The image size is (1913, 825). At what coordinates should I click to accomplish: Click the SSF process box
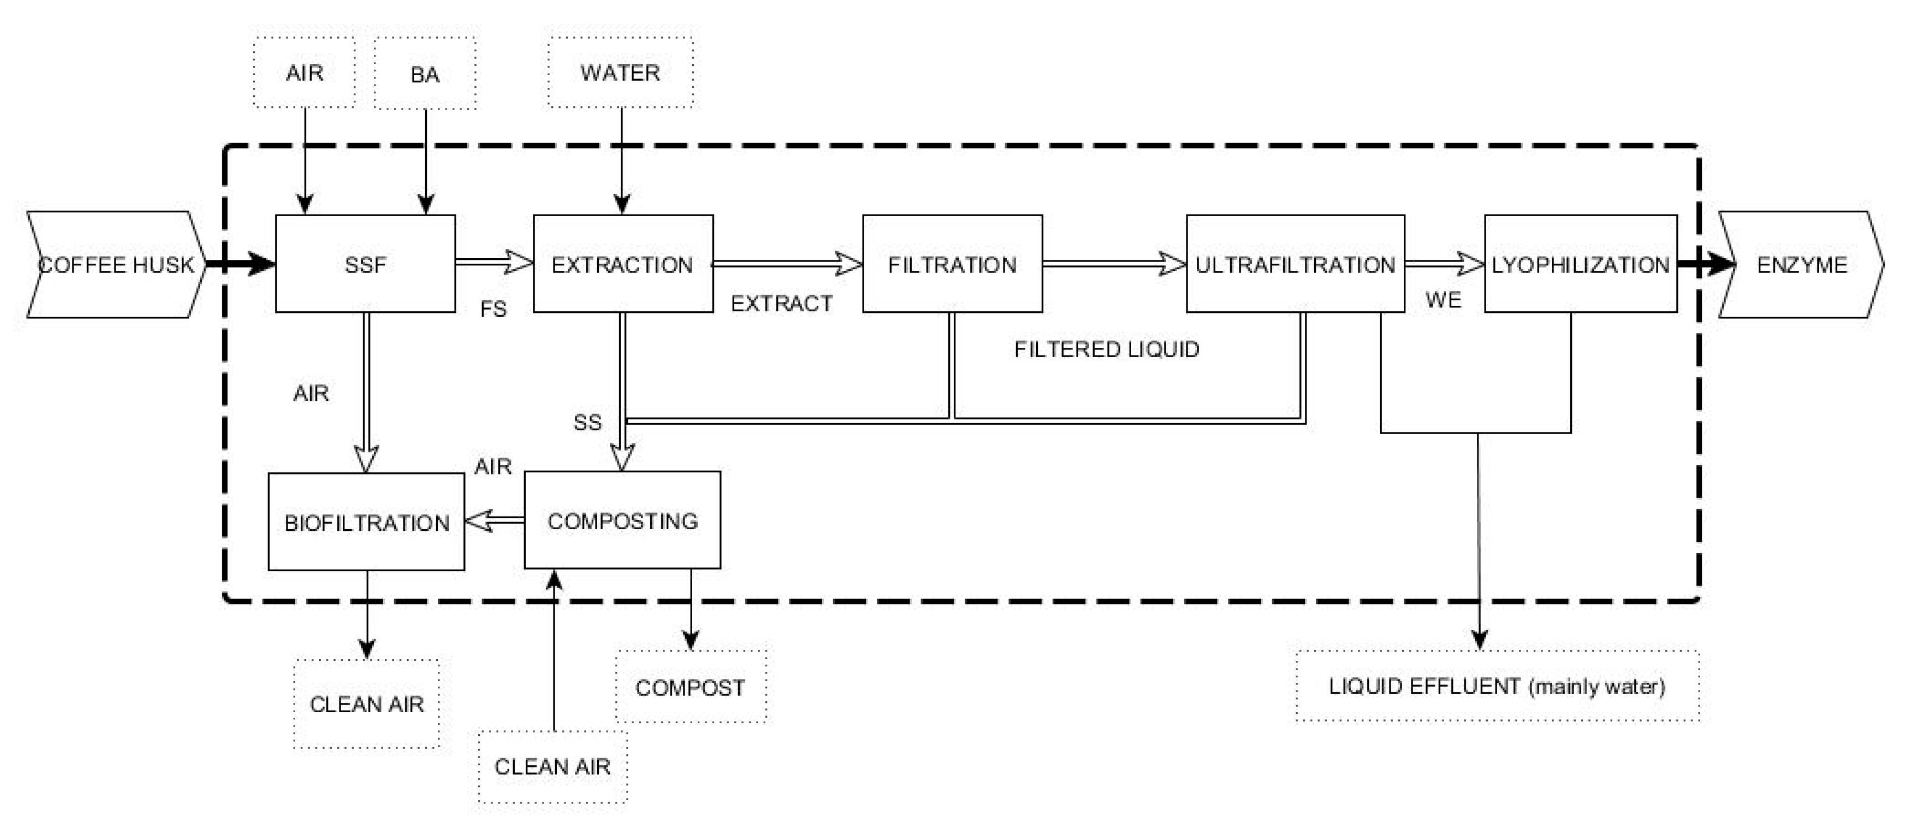[365, 264]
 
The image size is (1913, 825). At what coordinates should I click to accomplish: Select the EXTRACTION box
[623, 264]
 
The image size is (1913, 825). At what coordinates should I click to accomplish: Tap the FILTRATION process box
[952, 264]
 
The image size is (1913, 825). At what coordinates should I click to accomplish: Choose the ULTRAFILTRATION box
[1295, 264]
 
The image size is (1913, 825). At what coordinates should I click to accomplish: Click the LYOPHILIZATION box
[1580, 264]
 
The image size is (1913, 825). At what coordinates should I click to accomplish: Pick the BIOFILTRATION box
[366, 522]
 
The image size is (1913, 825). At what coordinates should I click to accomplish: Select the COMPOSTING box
[623, 520]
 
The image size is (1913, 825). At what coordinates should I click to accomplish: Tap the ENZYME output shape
[1801, 264]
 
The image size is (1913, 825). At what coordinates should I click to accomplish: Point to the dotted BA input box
[425, 74]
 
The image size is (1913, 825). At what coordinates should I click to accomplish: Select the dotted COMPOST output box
[691, 687]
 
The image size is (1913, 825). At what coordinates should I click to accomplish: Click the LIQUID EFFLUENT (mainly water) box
[1497, 686]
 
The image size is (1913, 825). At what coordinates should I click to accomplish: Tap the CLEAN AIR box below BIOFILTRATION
[367, 704]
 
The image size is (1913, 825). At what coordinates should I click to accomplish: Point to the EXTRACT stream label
[781, 303]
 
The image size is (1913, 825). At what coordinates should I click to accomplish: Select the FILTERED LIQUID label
[1106, 349]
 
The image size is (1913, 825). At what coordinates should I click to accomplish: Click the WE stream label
[1444, 300]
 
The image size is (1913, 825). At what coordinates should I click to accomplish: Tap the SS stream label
[587, 422]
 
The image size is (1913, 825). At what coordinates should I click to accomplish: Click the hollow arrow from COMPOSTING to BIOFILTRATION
[495, 520]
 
